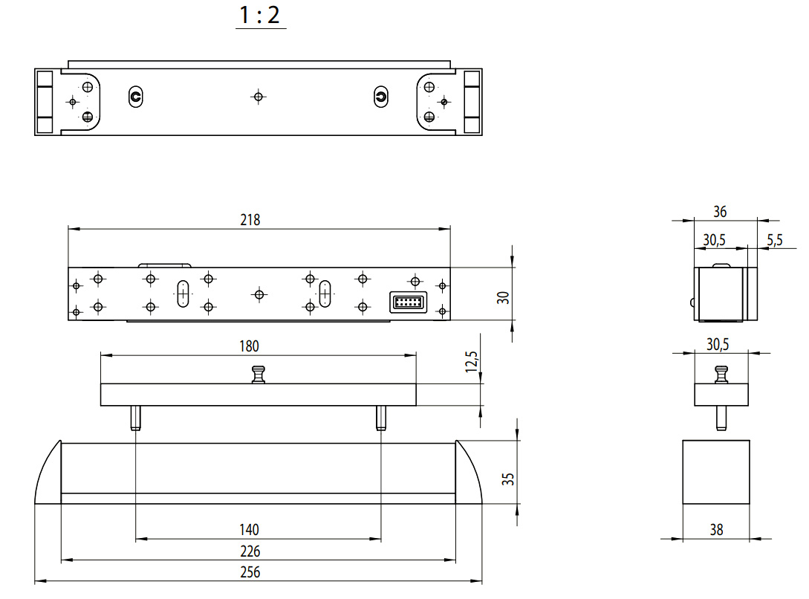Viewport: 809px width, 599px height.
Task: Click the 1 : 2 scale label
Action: pyautogui.click(x=261, y=15)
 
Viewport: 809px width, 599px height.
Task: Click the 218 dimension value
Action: pyautogui.click(x=250, y=220)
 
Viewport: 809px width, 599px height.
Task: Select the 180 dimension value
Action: pyautogui.click(x=250, y=346)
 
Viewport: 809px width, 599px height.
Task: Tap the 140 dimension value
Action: pyautogui.click(x=250, y=530)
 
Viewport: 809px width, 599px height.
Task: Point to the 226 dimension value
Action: pyautogui.click(x=250, y=551)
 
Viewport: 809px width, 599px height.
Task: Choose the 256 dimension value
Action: pyautogui.click(x=250, y=572)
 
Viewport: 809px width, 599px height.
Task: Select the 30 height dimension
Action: pyautogui.click(x=504, y=297)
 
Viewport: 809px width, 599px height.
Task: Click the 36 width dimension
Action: pyautogui.click(x=719, y=212)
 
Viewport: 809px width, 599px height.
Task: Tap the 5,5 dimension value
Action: pyautogui.click(x=774, y=239)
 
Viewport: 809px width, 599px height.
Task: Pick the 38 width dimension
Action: pyautogui.click(x=716, y=530)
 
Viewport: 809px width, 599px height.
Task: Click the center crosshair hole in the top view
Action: pyautogui.click(x=258, y=96)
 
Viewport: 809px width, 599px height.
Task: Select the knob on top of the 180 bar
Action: pyautogui.click(x=259, y=375)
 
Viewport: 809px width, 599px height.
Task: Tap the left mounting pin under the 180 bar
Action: pyautogui.click(x=136, y=418)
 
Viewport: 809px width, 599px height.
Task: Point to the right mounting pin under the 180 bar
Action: pyautogui.click(x=380, y=418)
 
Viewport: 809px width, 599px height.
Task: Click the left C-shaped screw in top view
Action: pyautogui.click(x=135, y=96)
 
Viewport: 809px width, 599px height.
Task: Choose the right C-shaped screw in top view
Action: pyautogui.click(x=380, y=96)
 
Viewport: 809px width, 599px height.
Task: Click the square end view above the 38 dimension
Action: pyautogui.click(x=716, y=472)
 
